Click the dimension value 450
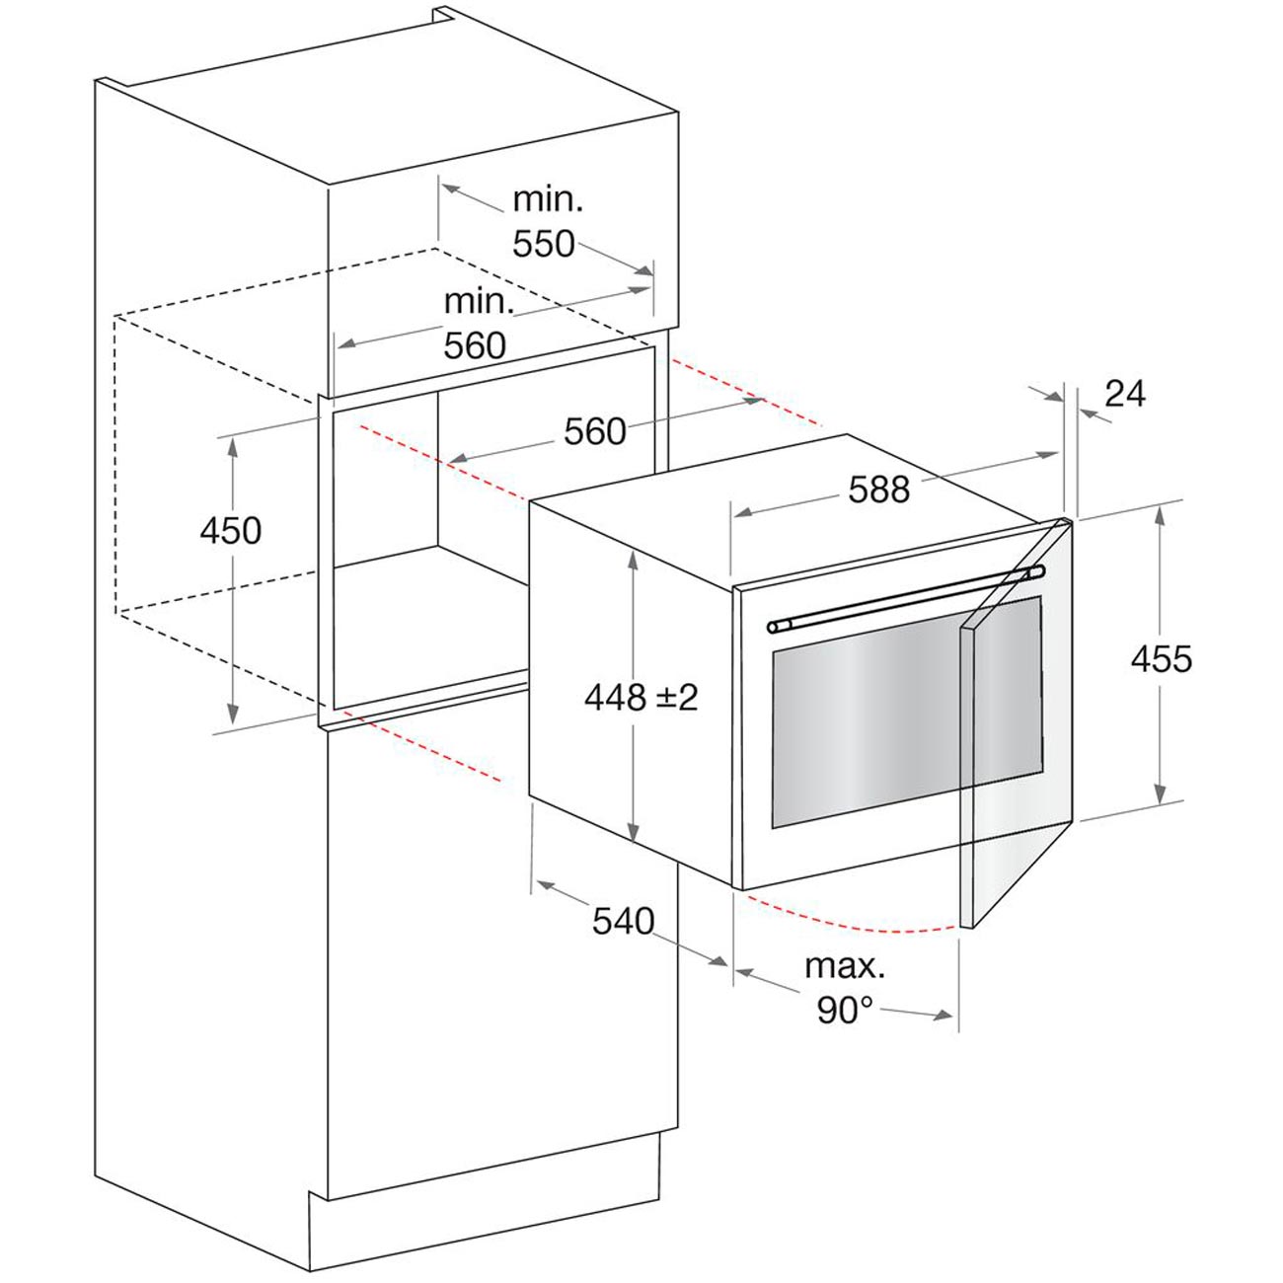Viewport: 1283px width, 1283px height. (x=230, y=531)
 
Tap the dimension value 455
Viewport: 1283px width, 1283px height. (x=1162, y=659)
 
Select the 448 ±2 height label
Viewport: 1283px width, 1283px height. (x=641, y=697)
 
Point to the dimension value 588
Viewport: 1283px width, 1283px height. (x=879, y=490)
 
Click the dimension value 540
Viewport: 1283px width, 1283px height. (x=624, y=922)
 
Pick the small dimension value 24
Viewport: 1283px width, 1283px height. (x=1125, y=394)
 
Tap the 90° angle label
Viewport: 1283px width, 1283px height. (x=845, y=1010)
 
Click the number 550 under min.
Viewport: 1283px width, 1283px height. (x=543, y=244)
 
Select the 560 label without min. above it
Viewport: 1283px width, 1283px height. (x=595, y=431)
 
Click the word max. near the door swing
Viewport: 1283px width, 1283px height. (x=845, y=967)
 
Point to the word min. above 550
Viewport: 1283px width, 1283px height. (x=548, y=199)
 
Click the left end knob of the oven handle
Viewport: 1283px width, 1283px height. (x=773, y=627)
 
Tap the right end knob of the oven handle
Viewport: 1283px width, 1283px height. (x=1036, y=571)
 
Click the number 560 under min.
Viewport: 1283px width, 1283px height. (x=475, y=345)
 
